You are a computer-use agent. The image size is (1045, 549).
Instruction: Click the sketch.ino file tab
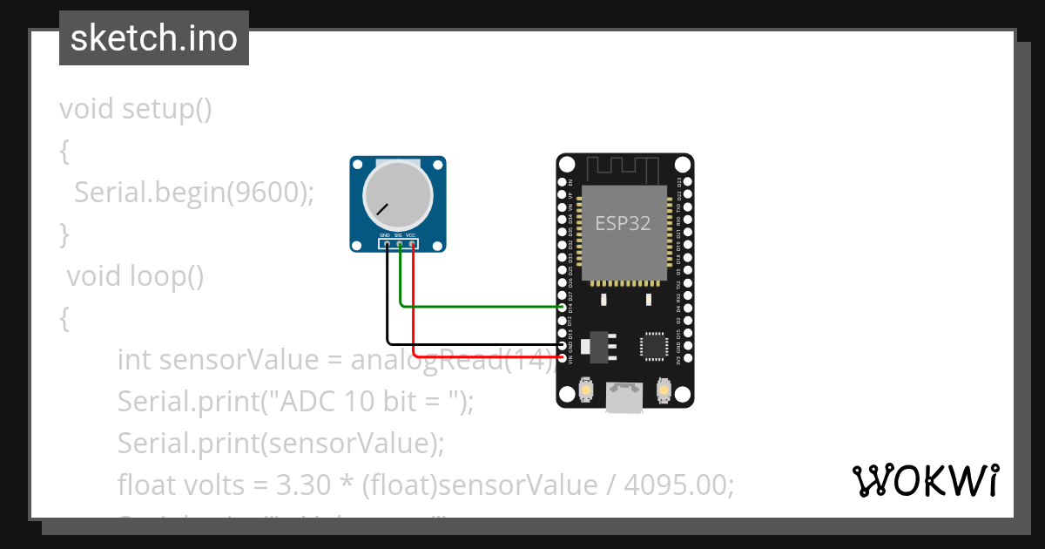154,38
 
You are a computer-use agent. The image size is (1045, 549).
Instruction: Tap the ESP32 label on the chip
623,223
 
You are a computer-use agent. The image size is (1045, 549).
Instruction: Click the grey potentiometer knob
397,197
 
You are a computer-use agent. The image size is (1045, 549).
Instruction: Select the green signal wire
479,306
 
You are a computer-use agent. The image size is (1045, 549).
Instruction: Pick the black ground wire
470,344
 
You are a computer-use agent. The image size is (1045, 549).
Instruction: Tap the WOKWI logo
925,480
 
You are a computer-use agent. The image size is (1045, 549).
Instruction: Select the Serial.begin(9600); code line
193,193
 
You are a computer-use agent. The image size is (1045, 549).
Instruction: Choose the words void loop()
135,276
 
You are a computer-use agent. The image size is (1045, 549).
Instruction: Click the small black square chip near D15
653,345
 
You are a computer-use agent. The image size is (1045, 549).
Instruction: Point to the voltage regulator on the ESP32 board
598,345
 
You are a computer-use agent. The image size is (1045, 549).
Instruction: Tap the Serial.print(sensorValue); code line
280,443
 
